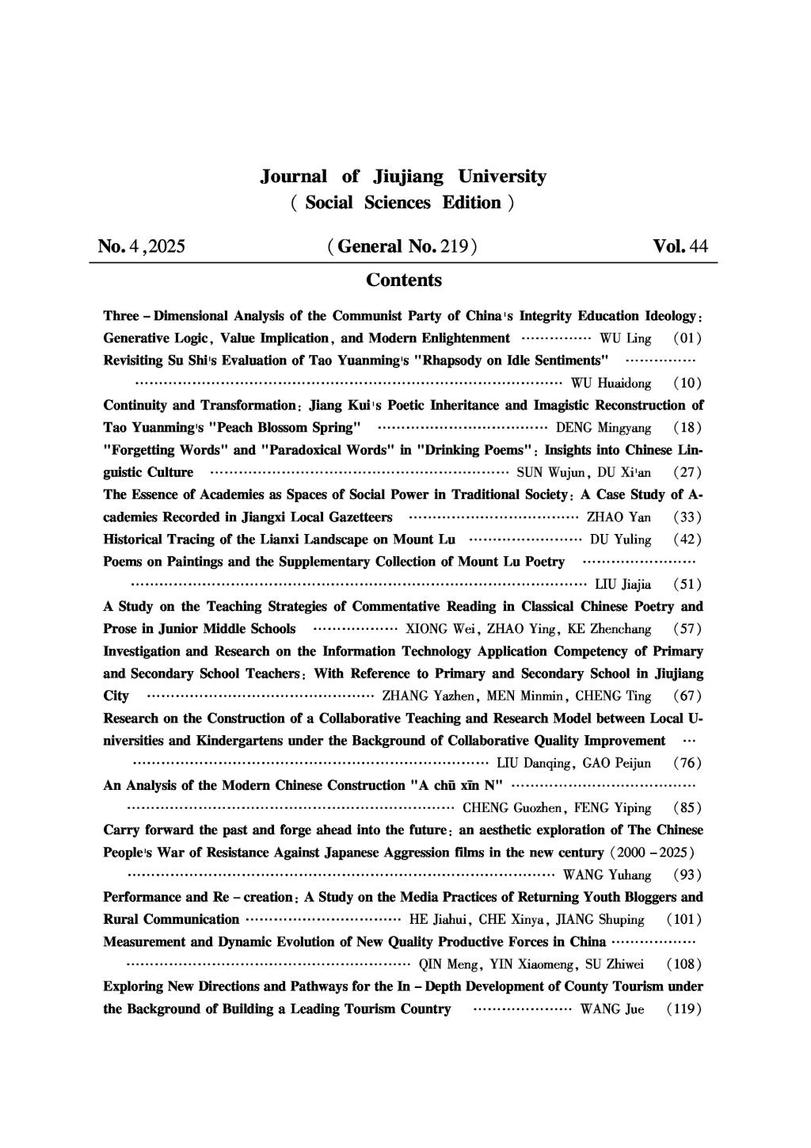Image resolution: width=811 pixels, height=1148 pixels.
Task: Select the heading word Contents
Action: pos(404,280)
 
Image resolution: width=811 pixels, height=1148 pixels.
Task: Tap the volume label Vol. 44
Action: pos(680,246)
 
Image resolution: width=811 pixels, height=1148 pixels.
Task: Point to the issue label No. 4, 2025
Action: pos(142,246)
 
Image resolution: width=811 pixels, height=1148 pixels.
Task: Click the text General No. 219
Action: pos(402,246)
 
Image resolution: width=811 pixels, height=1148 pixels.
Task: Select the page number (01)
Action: pos(687,339)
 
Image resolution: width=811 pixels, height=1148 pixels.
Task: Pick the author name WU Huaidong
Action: pos(611,383)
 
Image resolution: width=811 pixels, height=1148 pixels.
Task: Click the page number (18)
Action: pos(687,428)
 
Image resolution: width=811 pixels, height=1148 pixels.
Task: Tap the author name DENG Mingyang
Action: pos(603,428)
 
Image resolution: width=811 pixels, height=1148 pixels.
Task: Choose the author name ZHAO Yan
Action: pos(619,517)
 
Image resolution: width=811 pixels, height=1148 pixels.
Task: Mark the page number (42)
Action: pos(687,540)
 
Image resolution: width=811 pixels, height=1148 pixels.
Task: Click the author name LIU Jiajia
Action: pos(623,585)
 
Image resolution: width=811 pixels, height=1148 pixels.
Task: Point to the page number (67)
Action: pos(687,696)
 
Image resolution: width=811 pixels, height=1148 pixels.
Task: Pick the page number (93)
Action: pos(687,875)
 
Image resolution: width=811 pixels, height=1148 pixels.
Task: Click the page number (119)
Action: pos(683,1009)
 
